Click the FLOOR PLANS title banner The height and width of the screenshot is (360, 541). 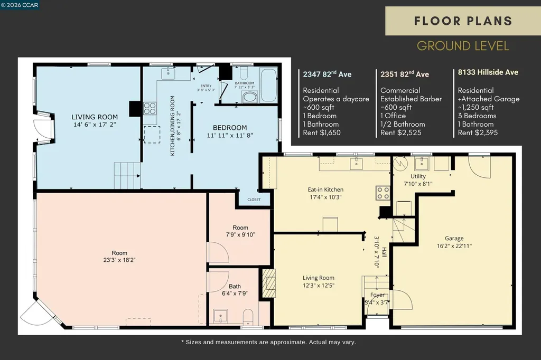click(463, 21)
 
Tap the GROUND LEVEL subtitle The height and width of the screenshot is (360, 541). click(463, 46)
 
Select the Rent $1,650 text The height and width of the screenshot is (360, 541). click(322, 133)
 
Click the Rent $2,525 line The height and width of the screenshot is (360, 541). click(400, 133)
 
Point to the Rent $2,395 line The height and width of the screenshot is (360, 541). click(478, 133)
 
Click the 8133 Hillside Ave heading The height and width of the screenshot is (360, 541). click(488, 72)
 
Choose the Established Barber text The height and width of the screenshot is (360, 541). click(411, 99)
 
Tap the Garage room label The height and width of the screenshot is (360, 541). click(454, 238)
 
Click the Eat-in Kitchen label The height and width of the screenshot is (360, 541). click(325, 190)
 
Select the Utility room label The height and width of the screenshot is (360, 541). click(418, 176)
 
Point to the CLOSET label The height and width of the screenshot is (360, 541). click(254, 200)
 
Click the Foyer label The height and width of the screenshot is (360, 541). click(377, 295)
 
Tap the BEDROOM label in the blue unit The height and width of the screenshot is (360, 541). click(230, 128)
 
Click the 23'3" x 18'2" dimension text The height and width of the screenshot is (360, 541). click(119, 260)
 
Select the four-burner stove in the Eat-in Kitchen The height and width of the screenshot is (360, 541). click(383, 193)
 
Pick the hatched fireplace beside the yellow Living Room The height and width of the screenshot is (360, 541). click(269, 283)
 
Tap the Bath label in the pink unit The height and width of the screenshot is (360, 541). click(235, 286)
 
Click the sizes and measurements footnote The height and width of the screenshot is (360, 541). click(269, 342)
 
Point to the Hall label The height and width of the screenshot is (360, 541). click(385, 252)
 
